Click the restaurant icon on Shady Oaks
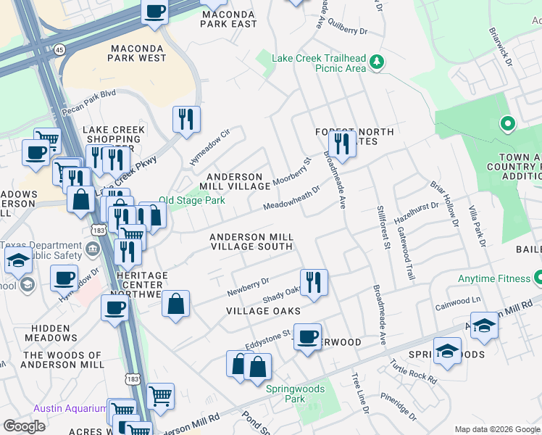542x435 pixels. point(313,281)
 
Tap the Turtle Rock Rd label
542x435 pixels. point(414,371)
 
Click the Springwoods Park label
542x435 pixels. point(295,393)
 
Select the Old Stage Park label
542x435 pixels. point(192,200)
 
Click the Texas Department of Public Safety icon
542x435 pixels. point(93,250)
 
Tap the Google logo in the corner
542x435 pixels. point(24,426)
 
